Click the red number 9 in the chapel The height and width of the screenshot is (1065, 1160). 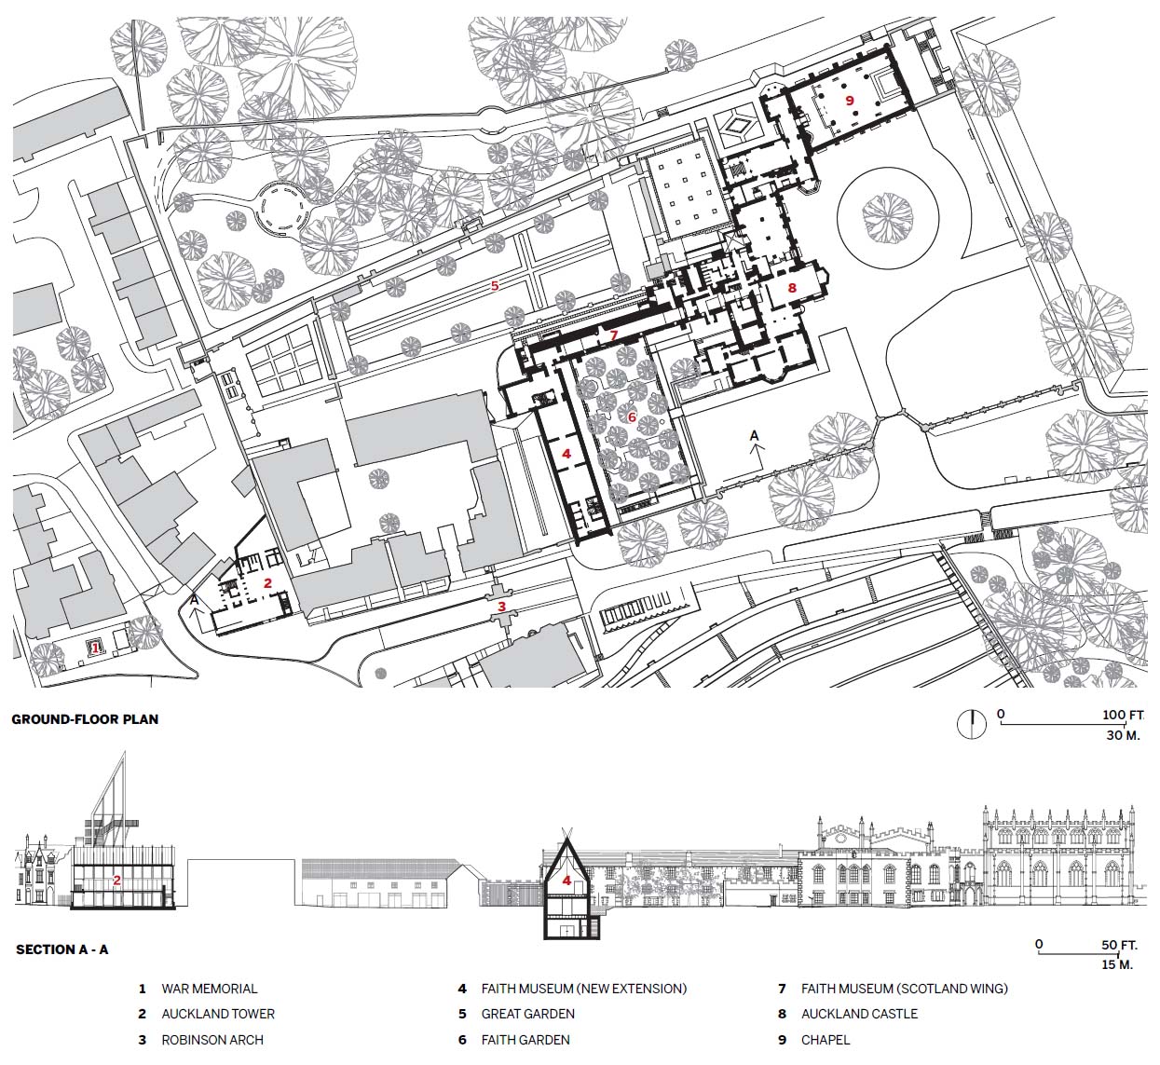pos(850,100)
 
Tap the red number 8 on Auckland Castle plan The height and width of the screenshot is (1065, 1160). pos(792,287)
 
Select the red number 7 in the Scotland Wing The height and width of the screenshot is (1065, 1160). pos(614,335)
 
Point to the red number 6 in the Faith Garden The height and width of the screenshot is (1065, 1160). pos(632,416)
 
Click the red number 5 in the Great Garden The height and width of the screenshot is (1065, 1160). pos(495,285)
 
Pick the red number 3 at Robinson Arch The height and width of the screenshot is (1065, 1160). pos(502,607)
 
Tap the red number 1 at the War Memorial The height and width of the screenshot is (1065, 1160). pos(95,648)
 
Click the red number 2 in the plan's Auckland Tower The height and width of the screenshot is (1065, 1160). pos(267,583)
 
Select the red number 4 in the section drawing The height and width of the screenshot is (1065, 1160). pos(566,881)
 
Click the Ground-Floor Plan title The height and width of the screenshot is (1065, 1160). pos(85,719)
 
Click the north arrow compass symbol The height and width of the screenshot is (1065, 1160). pos(972,724)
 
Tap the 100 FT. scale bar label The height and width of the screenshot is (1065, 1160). pos(1123,715)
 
